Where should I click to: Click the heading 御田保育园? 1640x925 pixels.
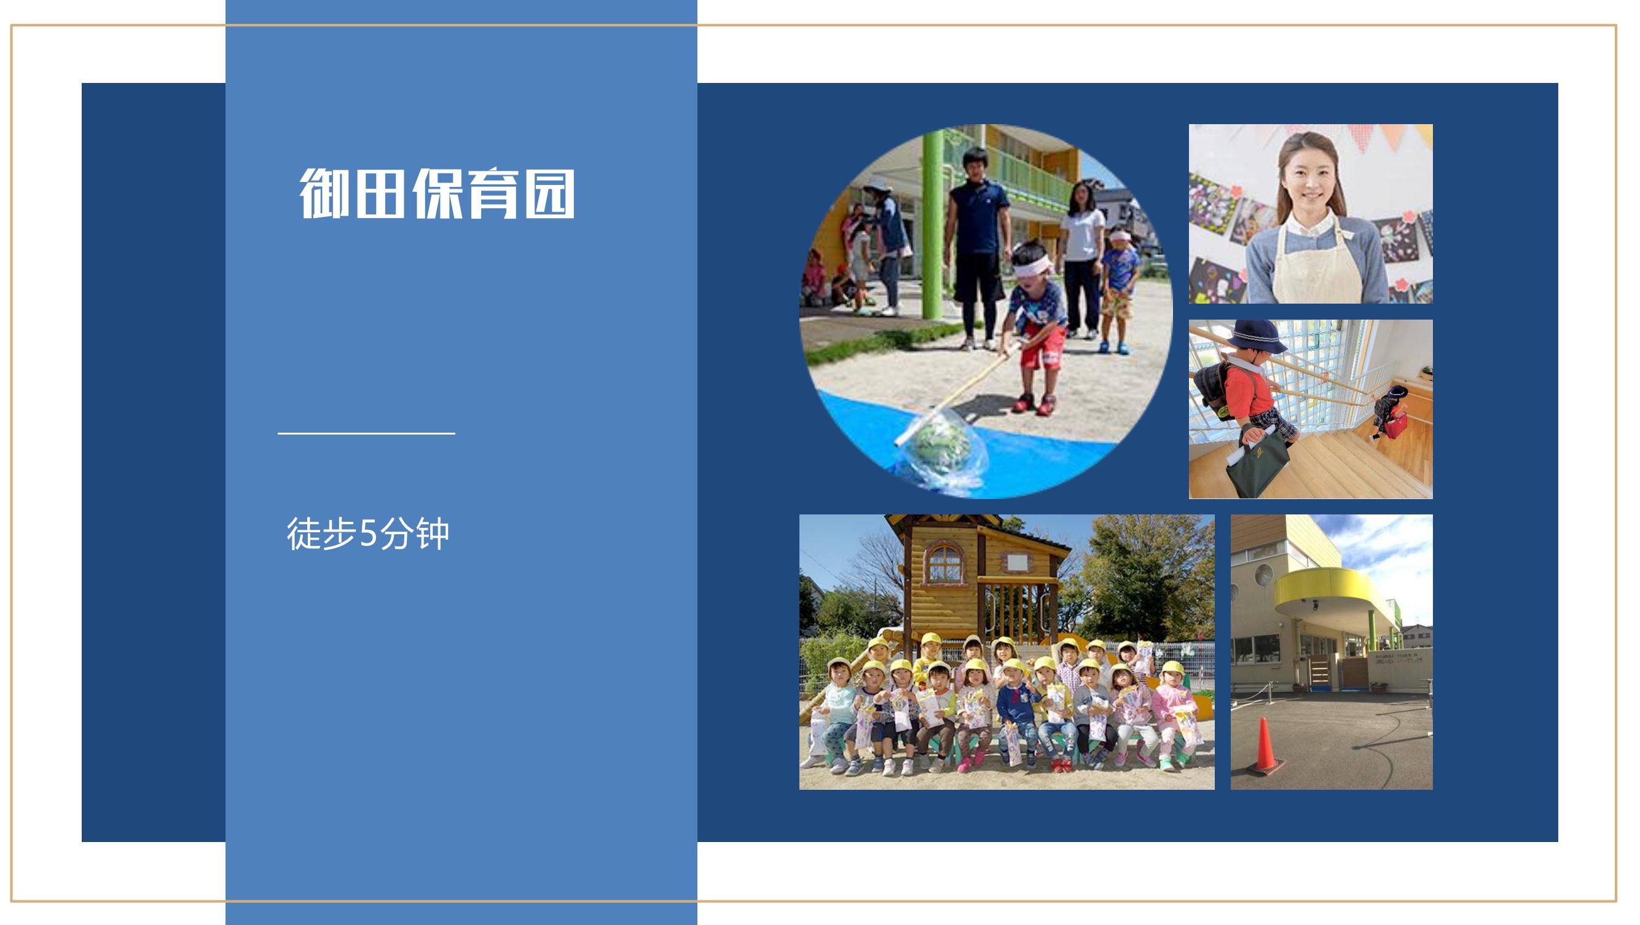tap(437, 194)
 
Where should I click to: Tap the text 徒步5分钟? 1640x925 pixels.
tap(368, 533)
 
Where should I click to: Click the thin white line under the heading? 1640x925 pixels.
tap(367, 433)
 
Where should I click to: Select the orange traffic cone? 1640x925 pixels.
tap(1265, 747)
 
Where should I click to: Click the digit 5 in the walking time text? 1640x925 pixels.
tap(369, 534)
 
